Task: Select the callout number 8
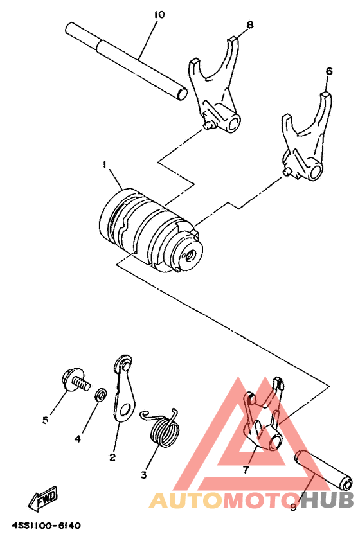pyautogui.click(x=249, y=25)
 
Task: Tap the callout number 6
pyautogui.click(x=328, y=72)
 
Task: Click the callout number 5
pyautogui.click(x=46, y=420)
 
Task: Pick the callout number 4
pyautogui.click(x=77, y=439)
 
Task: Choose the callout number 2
pyautogui.click(x=113, y=457)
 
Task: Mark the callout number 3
pyautogui.click(x=144, y=475)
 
